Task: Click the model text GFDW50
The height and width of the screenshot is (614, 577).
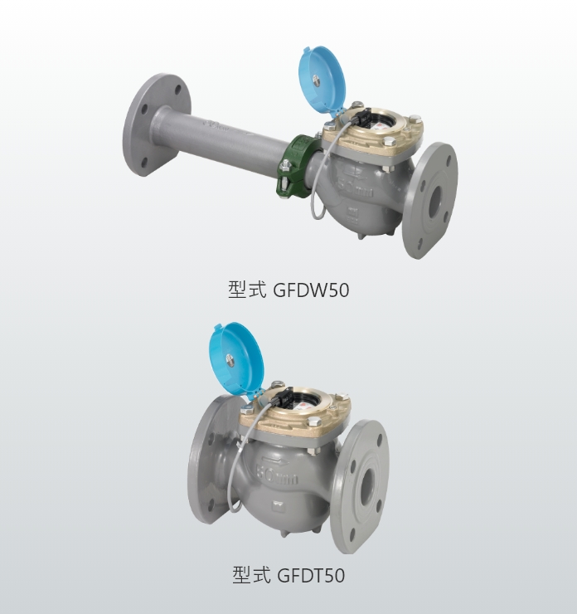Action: tap(310, 290)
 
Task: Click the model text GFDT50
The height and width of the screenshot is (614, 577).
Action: tap(311, 575)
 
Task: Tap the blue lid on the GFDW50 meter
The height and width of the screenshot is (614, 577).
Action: tap(322, 81)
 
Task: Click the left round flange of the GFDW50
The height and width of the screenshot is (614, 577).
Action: tap(158, 125)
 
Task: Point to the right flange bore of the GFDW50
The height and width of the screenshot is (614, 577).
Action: tap(434, 202)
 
